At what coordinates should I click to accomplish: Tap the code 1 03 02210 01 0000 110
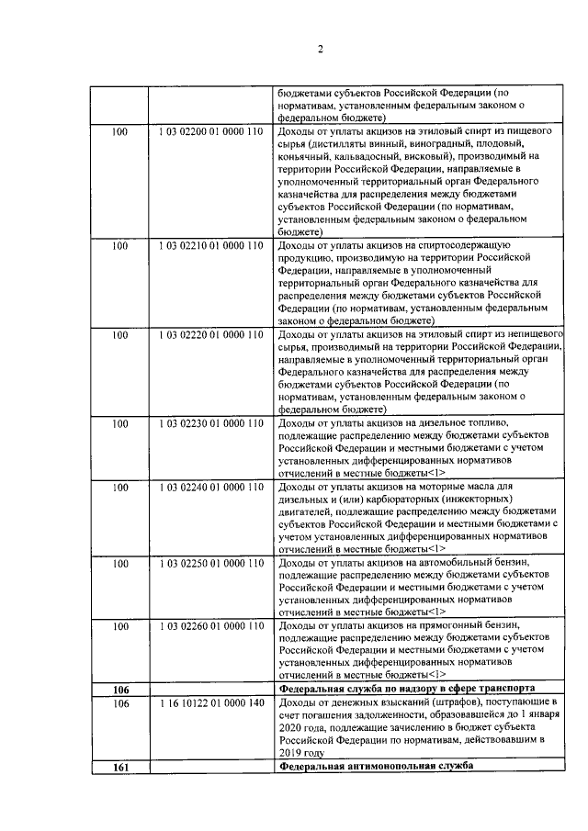210,247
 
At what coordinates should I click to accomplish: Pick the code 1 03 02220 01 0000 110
210,336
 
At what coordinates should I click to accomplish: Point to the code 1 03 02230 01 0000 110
210,424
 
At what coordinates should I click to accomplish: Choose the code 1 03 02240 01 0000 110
210,487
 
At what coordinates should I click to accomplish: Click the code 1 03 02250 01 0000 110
210,562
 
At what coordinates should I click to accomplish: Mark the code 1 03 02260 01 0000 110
210,626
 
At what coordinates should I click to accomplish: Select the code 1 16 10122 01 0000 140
210,702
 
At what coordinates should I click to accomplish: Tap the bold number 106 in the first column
119,689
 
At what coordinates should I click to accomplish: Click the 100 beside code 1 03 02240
119,487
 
